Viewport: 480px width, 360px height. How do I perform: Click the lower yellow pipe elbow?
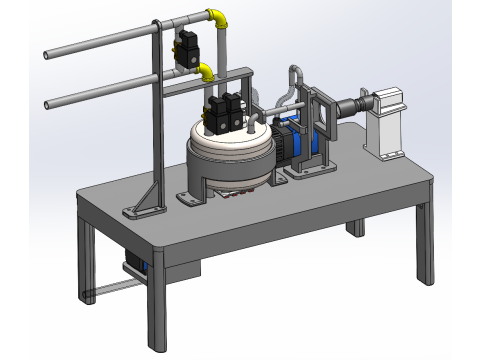tap(205, 72)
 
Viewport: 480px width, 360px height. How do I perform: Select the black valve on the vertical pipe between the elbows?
tap(186, 47)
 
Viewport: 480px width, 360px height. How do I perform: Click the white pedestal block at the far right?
tap(386, 121)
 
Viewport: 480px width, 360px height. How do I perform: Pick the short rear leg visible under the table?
tap(355, 227)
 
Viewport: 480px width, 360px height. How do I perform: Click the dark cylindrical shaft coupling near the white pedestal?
tap(352, 104)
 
